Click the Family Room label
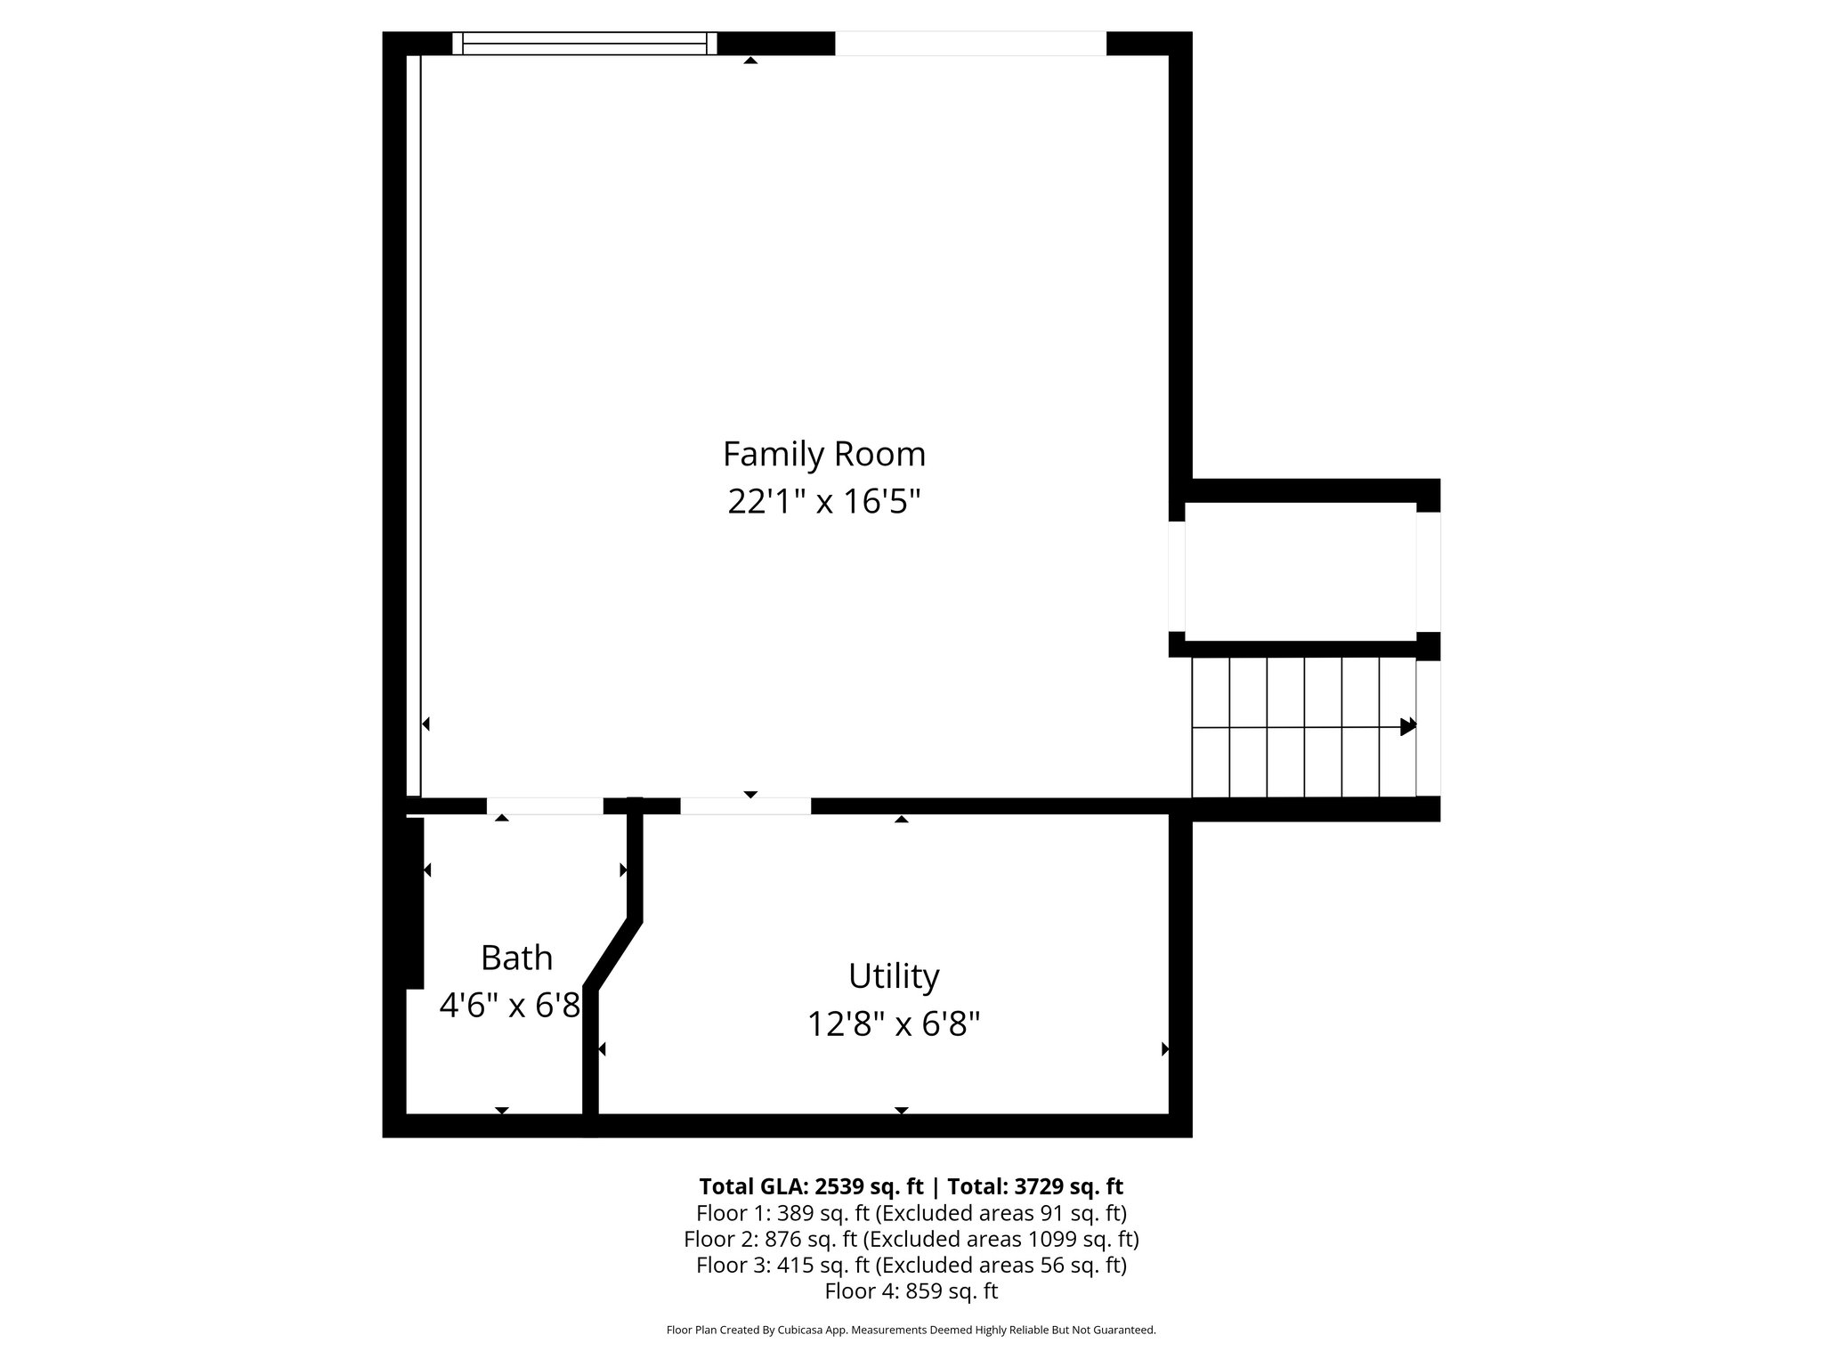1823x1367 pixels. pos(823,455)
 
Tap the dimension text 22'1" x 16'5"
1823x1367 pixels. pos(823,502)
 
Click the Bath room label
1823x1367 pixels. pos(516,959)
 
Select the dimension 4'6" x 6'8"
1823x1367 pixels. pos(510,1006)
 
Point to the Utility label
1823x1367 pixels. pos(894,976)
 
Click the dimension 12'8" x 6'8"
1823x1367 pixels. pos(894,1024)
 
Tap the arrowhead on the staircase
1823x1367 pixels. pos(1407,726)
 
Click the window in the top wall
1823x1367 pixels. pos(584,44)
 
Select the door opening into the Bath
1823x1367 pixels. pos(544,806)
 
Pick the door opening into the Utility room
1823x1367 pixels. pos(745,806)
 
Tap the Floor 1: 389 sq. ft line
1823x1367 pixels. pos(911,1213)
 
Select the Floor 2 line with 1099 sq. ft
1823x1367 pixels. pos(911,1239)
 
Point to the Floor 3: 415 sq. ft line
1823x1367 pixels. pos(911,1265)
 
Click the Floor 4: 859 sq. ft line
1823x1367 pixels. pos(911,1290)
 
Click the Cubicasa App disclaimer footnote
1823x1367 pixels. pos(911,1331)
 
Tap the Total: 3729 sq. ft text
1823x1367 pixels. pos(1034,1186)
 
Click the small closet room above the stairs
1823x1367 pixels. pos(1300,571)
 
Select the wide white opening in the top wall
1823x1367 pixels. pos(970,44)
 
